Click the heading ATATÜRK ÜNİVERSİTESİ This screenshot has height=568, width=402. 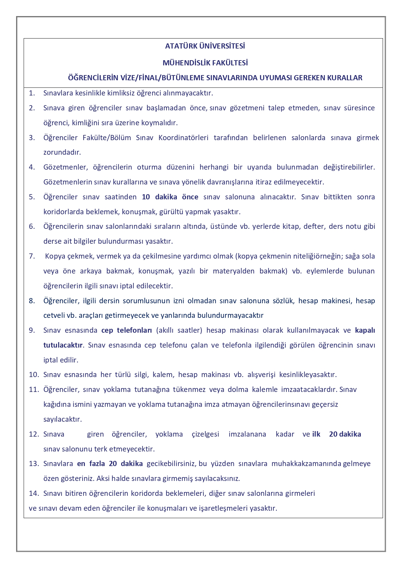pos(205,46)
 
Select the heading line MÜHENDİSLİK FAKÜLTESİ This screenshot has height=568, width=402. pos(205,63)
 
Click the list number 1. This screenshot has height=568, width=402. pos(32,93)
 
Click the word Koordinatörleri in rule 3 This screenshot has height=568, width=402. pos(183,138)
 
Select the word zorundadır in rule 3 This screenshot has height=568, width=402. pos(62,152)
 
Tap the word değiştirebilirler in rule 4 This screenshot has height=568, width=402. pos(349,167)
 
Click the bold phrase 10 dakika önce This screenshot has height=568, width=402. pos(170,197)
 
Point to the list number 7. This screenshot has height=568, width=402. pos(32,256)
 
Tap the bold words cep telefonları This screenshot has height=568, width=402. pos(127,330)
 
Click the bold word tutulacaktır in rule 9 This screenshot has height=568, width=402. pos(63,345)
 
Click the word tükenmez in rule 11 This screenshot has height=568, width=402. pos(189,390)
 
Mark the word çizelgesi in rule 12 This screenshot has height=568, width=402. pos(205,434)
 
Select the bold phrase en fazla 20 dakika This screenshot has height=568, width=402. pos(110,464)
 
